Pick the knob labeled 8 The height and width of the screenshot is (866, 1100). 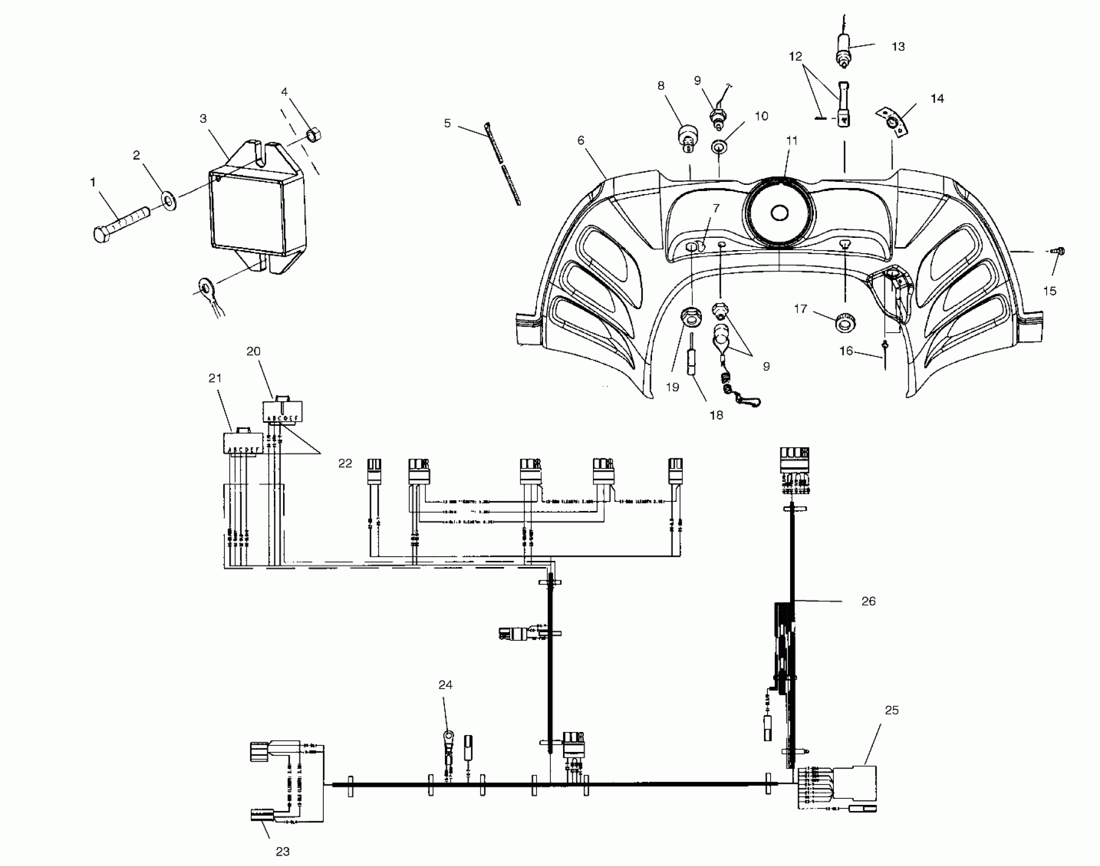(687, 138)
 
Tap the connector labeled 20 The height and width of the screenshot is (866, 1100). (283, 410)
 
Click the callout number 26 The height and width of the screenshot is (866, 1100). (868, 602)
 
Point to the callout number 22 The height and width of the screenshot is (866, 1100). (345, 464)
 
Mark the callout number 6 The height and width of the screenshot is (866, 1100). (581, 140)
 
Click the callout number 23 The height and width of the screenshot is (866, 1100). (283, 851)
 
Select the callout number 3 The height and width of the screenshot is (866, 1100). (203, 119)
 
